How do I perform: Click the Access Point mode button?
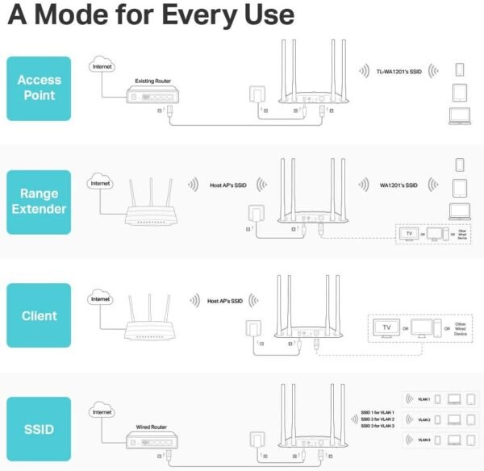click(38, 88)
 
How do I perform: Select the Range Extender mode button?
click(38, 202)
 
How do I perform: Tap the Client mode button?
click(38, 315)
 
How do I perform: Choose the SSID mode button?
click(38, 429)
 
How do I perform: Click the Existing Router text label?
click(153, 81)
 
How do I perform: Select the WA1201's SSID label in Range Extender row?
click(398, 185)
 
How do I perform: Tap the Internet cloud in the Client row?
click(101, 299)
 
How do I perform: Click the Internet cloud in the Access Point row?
click(102, 67)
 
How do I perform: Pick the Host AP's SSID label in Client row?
click(225, 301)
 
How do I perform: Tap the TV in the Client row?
click(386, 330)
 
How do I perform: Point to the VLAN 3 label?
click(424, 440)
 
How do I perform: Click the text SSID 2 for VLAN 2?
click(378, 419)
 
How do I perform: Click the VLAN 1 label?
click(424, 398)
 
